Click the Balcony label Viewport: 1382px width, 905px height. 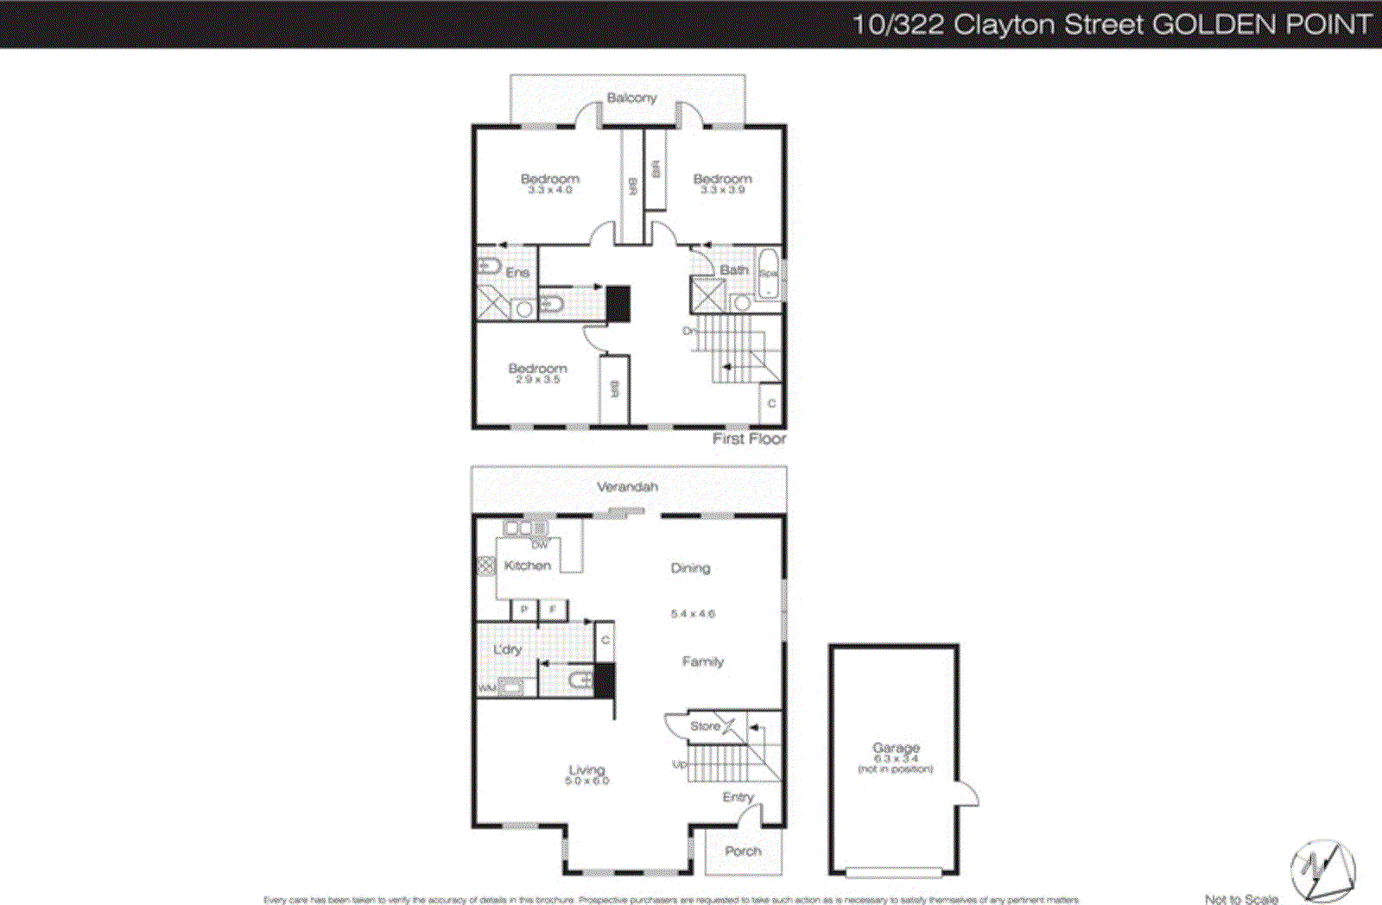(631, 98)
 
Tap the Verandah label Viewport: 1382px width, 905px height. (627, 487)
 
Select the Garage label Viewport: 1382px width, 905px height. (896, 748)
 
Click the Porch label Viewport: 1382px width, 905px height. (743, 851)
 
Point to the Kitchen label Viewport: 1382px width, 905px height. (527, 566)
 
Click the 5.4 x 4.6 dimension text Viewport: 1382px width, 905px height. (693, 614)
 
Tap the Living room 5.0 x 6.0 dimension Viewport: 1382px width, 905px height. (586, 782)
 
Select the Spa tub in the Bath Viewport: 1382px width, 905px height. (768, 274)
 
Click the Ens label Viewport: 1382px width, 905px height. (517, 272)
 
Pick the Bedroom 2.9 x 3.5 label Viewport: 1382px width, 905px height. (537, 369)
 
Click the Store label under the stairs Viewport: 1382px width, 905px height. (705, 726)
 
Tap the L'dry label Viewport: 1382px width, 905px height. (507, 649)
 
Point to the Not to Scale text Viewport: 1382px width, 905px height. (1240, 899)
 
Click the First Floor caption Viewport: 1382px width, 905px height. (749, 439)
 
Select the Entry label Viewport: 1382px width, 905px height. (738, 797)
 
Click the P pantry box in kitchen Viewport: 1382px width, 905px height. (523, 610)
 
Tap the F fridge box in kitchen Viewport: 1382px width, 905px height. (553, 610)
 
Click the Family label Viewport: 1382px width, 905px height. (702, 661)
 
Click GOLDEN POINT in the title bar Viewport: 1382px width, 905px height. (1262, 24)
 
